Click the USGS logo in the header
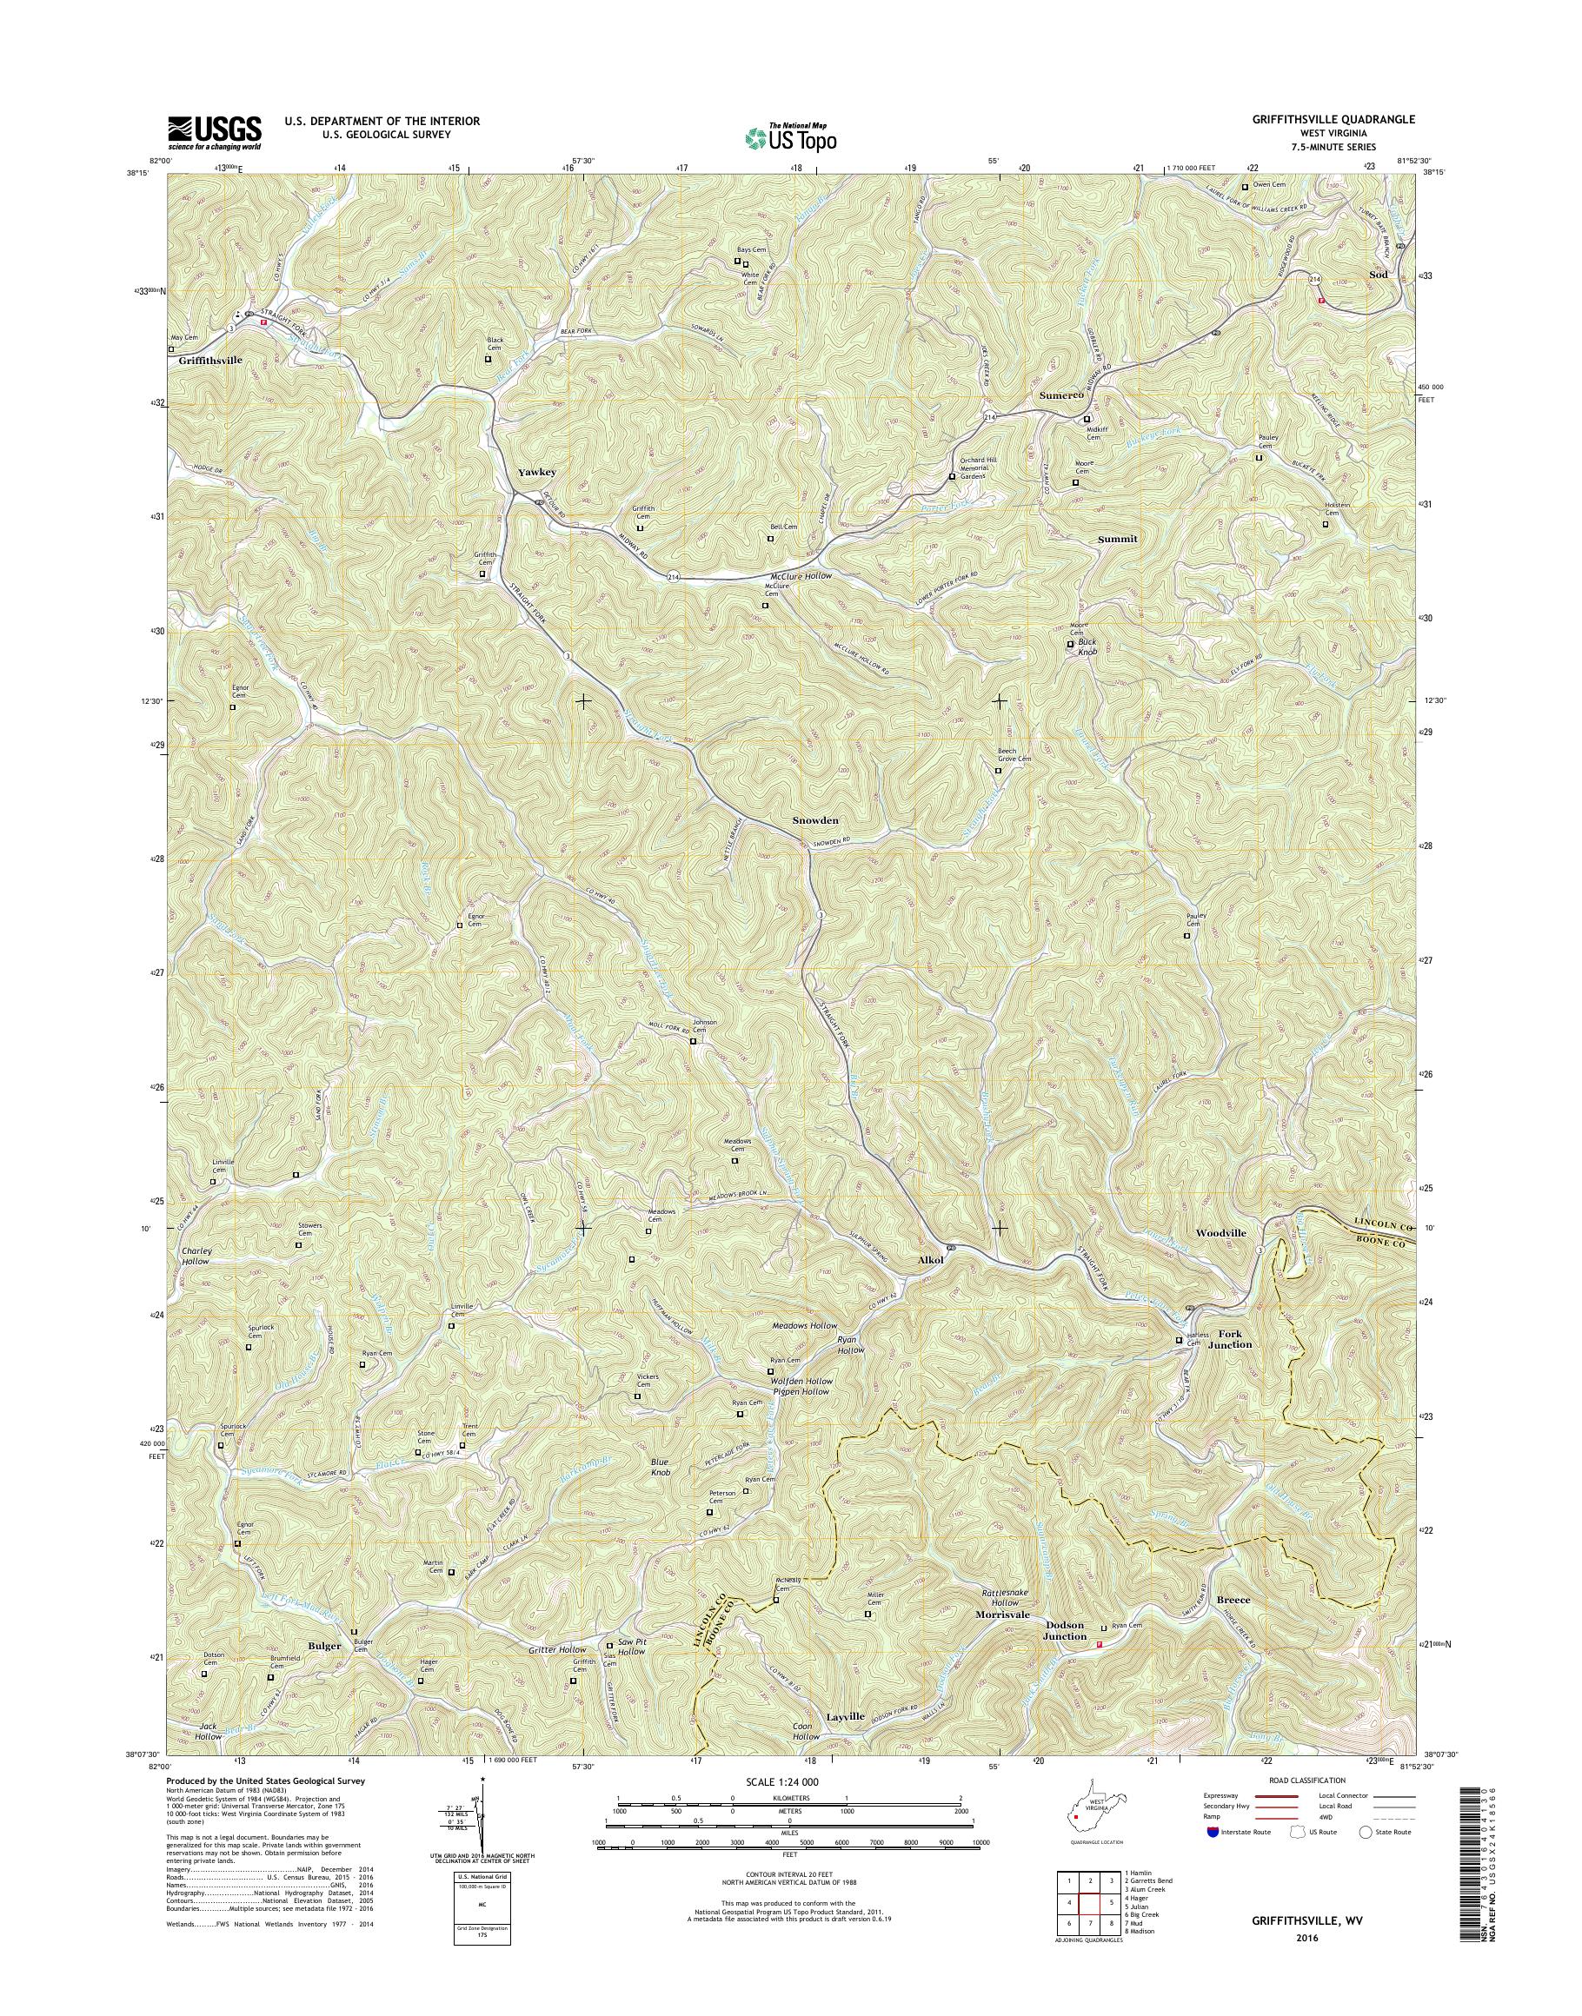214,133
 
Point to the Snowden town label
815,820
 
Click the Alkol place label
930,1260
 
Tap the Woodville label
1220,1233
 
